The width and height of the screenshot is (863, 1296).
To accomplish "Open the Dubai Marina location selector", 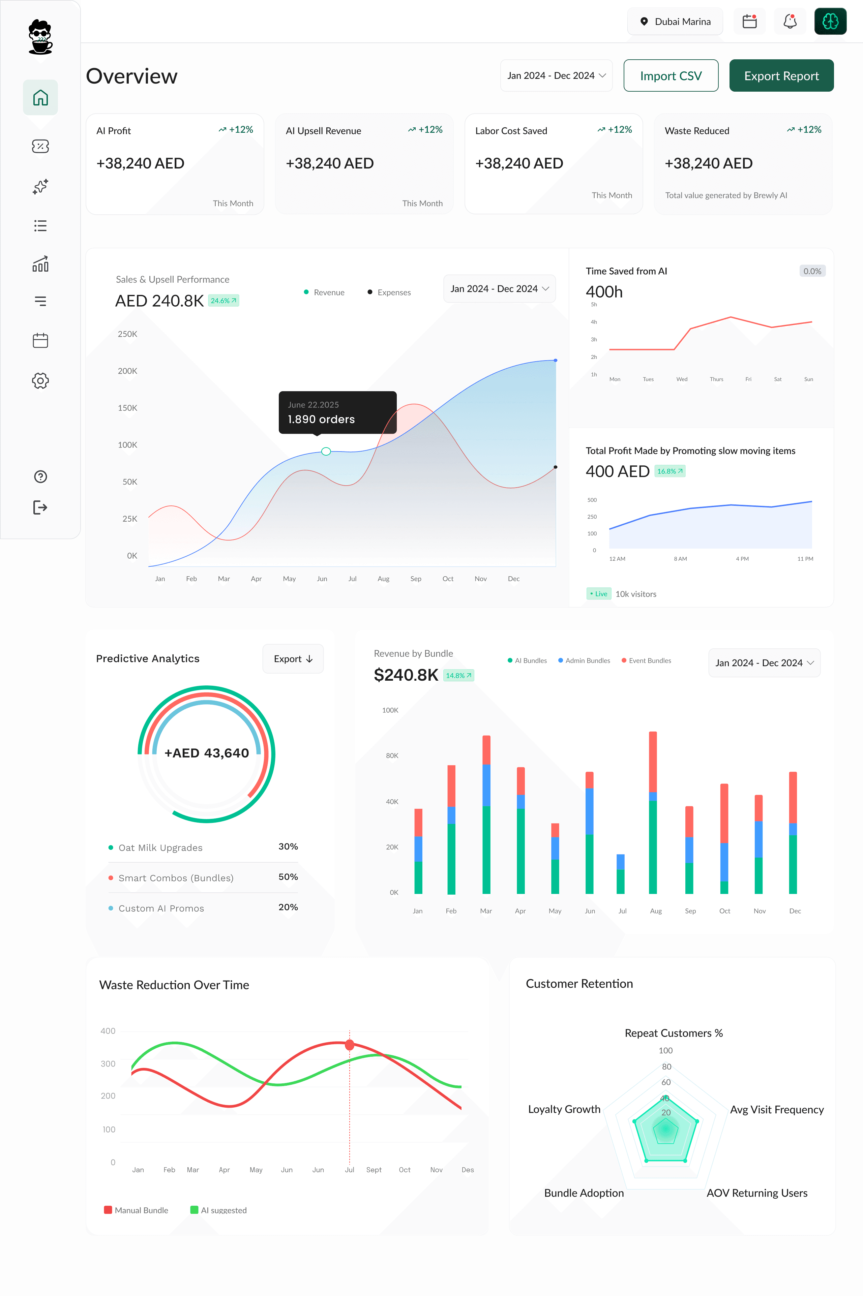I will click(675, 22).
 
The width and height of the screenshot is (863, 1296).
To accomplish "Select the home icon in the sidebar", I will click(40, 98).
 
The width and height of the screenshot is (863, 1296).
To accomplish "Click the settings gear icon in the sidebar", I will click(40, 381).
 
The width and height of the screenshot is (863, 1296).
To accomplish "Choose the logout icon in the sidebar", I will click(40, 507).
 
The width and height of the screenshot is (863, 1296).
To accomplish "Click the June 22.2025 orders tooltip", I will click(337, 412).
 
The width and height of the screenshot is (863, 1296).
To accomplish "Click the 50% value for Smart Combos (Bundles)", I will click(288, 877).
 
